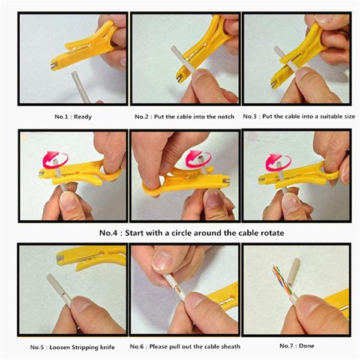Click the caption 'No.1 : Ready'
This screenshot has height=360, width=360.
pyautogui.click(x=73, y=116)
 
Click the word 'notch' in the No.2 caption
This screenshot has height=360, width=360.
pyautogui.click(x=226, y=116)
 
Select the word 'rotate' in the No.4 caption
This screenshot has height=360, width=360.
pyautogui.click(x=272, y=233)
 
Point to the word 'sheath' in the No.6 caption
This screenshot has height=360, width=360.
pyautogui.click(x=230, y=346)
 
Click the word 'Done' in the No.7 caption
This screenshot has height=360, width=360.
pyautogui.click(x=307, y=346)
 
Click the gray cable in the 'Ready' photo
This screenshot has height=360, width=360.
pyautogui.click(x=80, y=87)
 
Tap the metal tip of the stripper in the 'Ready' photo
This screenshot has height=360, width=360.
pyautogui.click(x=54, y=67)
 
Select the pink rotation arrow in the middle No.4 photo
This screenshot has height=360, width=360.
pyautogui.click(x=198, y=158)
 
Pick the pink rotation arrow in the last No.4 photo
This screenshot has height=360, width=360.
pyautogui.click(x=278, y=163)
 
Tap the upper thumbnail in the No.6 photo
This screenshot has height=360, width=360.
pyautogui.click(x=164, y=261)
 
